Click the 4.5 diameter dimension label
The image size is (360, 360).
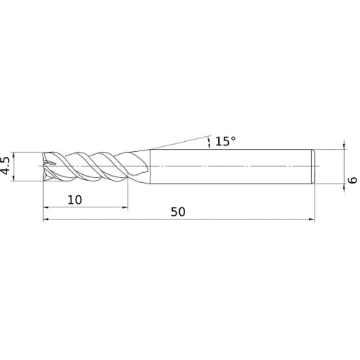(x=7, y=166)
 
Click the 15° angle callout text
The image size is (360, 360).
(x=225, y=141)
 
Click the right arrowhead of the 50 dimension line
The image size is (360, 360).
(x=312, y=220)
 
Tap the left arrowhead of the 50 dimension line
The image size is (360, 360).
(x=48, y=220)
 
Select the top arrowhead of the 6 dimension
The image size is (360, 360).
(x=339, y=151)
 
